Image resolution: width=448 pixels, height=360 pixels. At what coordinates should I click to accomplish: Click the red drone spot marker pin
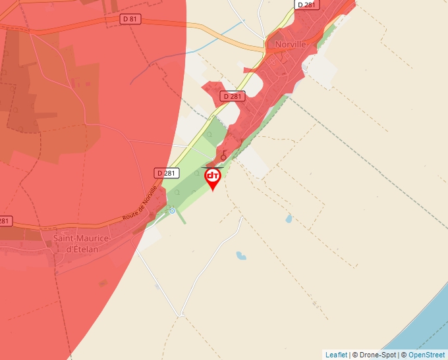point(213,178)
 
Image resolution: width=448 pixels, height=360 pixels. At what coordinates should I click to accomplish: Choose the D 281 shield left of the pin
point(167,172)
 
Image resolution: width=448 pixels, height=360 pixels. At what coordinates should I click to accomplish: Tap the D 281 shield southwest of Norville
point(233,96)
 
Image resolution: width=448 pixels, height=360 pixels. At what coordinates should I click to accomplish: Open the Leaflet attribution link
point(336,355)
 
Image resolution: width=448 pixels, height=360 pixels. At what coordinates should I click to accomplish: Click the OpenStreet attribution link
point(426,355)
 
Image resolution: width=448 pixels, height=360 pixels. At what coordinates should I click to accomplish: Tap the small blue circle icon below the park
point(172,211)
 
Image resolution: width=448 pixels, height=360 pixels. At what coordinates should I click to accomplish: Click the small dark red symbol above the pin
point(223,156)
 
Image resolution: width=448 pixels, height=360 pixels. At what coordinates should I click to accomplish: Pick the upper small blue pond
point(289,219)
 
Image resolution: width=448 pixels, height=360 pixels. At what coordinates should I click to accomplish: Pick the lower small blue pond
point(242,255)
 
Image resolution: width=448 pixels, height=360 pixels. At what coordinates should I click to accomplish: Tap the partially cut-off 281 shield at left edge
point(5,220)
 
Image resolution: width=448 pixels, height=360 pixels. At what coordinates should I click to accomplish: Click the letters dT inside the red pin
point(213,176)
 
